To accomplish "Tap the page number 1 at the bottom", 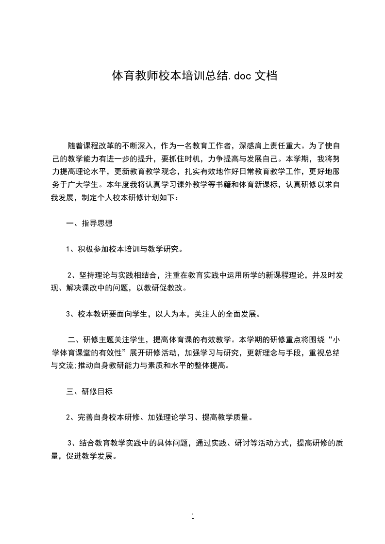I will click(193, 516).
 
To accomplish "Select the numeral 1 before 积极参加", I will click(68, 250).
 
